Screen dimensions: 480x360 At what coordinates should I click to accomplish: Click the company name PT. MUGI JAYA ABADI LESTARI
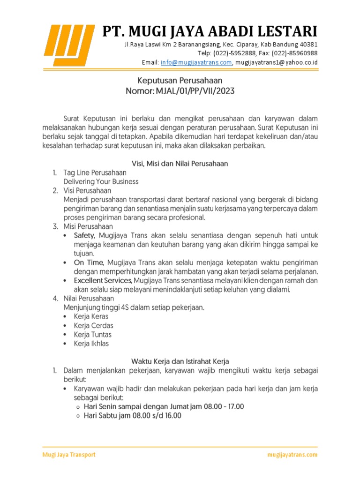coord(210,31)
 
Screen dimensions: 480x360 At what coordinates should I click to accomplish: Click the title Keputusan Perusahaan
coord(180,81)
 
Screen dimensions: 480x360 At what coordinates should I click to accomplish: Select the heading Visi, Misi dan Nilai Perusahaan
coord(180,164)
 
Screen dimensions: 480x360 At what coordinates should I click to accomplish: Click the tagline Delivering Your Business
coord(101,181)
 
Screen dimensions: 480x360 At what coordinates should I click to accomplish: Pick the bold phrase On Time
coord(87,262)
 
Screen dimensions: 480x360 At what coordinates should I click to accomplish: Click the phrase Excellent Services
coord(102,280)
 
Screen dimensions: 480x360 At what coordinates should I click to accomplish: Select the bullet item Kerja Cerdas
coord(93,325)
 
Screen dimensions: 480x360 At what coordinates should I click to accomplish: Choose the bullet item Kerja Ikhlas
coord(91,344)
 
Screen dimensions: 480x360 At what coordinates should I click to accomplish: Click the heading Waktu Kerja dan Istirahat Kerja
coord(180,361)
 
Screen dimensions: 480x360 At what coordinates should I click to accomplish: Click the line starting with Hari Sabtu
coord(132,415)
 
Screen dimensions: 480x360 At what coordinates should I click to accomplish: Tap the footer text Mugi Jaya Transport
coord(69,455)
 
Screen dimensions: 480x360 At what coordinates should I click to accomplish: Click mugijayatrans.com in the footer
coord(292,455)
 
